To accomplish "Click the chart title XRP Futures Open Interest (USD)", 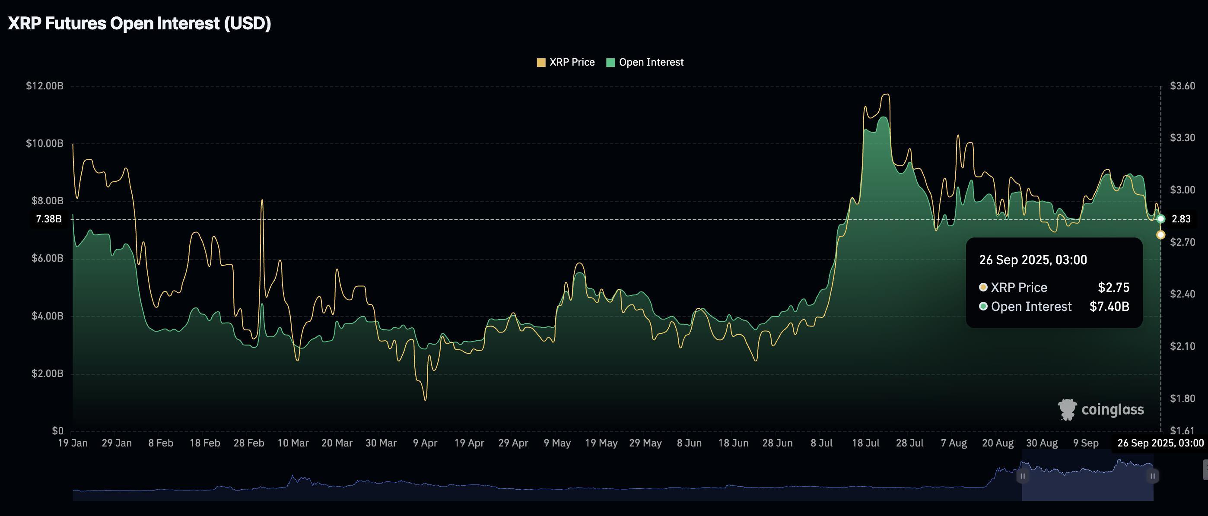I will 139,23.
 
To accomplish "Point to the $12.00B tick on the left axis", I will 45,86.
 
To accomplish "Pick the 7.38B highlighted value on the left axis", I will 49,219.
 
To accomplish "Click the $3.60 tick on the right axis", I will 1182,86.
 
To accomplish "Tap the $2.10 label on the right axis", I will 1182,346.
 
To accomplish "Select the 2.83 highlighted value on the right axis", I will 1181,219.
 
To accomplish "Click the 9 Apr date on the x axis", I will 425,443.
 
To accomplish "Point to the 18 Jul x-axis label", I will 865,443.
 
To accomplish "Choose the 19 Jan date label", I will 73,443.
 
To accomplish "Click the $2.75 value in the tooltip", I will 1113,287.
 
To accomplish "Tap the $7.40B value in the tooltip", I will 1109,307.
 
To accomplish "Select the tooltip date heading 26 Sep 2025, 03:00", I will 1033,260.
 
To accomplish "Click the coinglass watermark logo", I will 1100,410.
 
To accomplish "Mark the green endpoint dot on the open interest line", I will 1160,219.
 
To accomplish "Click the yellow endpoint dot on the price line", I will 1160,235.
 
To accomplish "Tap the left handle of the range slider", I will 1022,476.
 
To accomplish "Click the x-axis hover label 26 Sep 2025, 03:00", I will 1160,443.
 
